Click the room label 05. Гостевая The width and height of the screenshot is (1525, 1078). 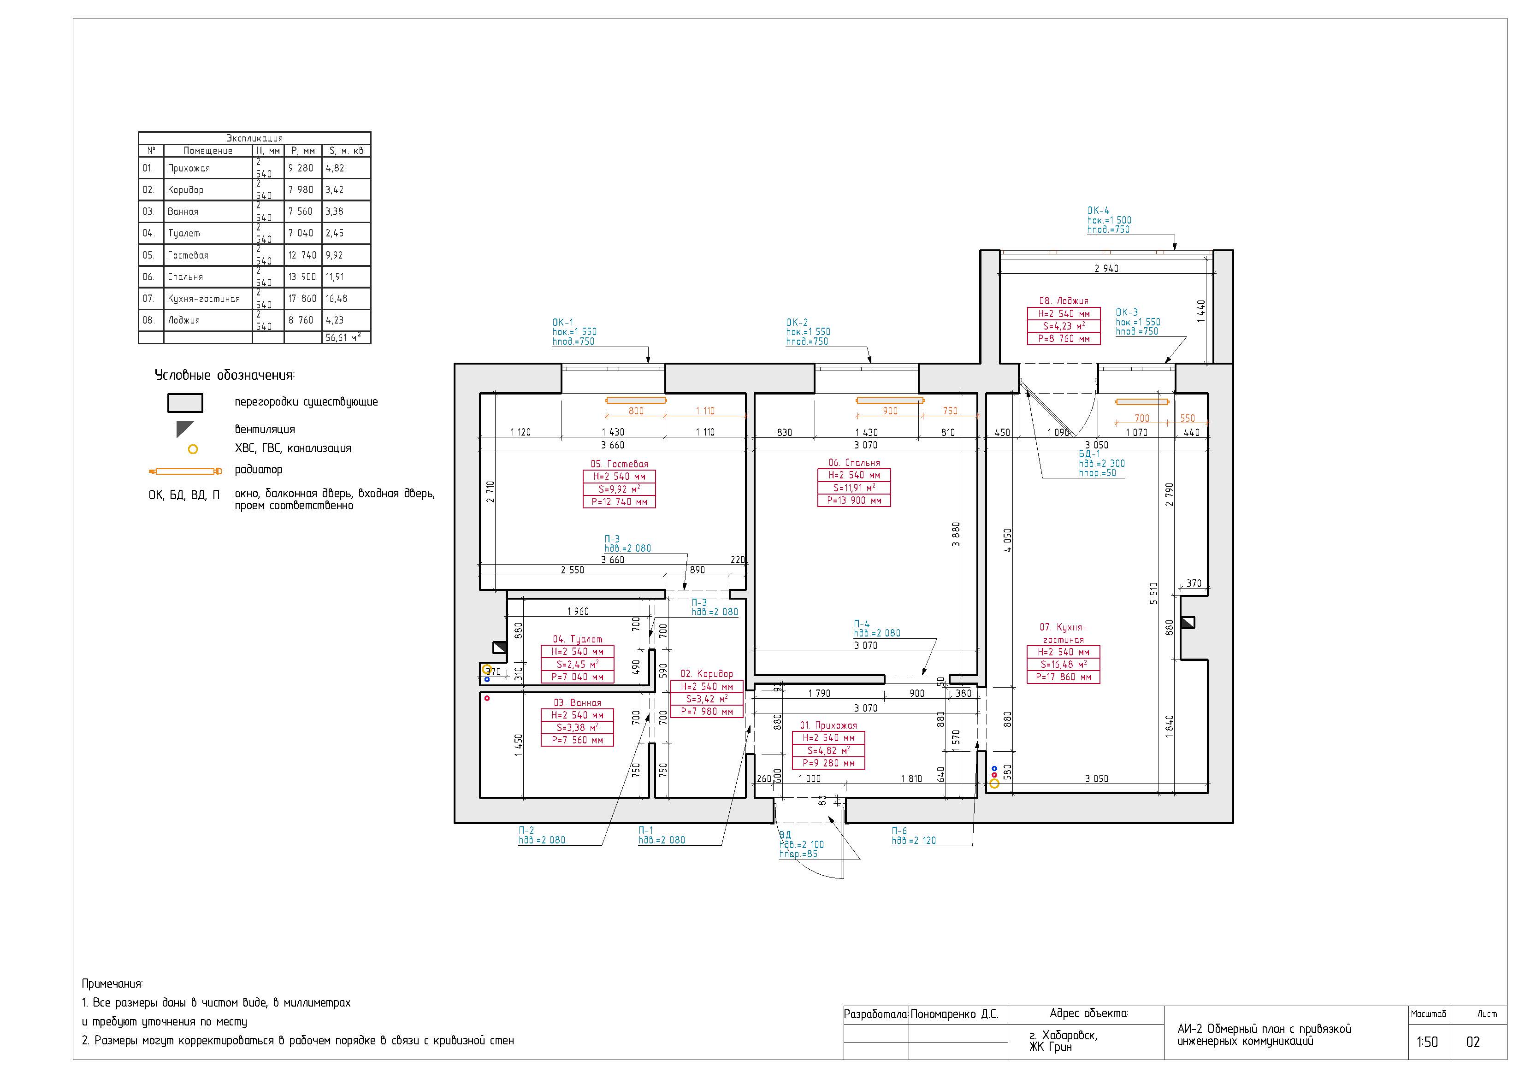click(x=619, y=464)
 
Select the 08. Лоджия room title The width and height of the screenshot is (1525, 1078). click(x=1064, y=301)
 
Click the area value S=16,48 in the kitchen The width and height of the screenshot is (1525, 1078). click(x=1064, y=664)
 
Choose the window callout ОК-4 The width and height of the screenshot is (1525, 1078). click(x=1098, y=211)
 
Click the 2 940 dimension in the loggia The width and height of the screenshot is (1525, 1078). click(x=1106, y=268)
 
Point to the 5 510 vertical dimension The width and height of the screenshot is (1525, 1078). click(x=1154, y=593)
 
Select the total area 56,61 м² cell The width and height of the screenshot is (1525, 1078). click(x=343, y=337)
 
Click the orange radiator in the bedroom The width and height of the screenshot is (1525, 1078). click(x=889, y=401)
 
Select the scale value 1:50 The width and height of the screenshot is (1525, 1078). click(x=1427, y=1042)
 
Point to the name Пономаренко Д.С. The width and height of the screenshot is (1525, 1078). click(x=954, y=1014)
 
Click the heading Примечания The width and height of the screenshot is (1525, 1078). click(x=112, y=984)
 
